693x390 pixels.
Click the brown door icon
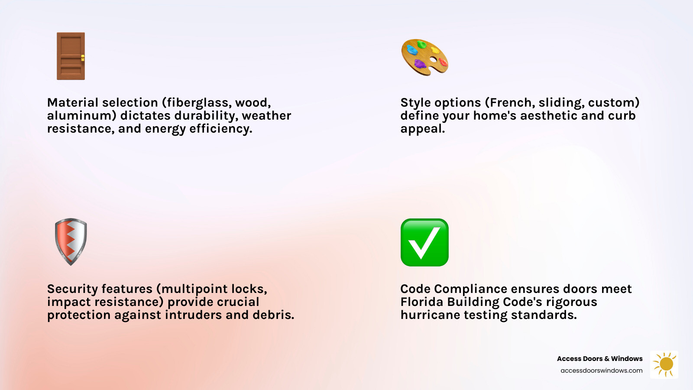[x=71, y=56]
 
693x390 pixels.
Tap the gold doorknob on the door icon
[x=82, y=58]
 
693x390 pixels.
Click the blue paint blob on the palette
[x=412, y=50]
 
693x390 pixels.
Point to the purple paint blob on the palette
[x=420, y=65]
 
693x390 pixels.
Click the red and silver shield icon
[x=71, y=242]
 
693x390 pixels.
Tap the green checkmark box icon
[x=424, y=242]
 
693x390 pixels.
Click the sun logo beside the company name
[x=664, y=364]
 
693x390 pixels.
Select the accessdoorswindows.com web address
[x=601, y=370]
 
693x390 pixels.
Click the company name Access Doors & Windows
[x=599, y=359]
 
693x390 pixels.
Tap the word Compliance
[x=470, y=289]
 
